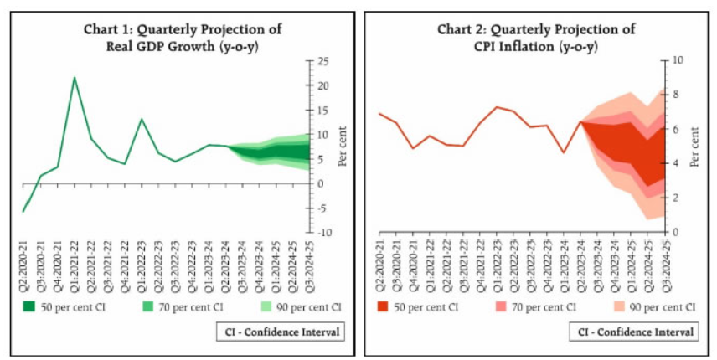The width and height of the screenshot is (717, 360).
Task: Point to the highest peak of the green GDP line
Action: coord(75,78)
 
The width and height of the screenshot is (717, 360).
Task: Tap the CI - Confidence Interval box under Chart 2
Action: coord(637,332)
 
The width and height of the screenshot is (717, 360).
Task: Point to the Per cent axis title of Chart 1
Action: coord(342,147)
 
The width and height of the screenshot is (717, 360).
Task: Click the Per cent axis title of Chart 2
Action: coord(694,147)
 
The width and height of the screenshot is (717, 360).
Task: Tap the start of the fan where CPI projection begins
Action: coord(580,122)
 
